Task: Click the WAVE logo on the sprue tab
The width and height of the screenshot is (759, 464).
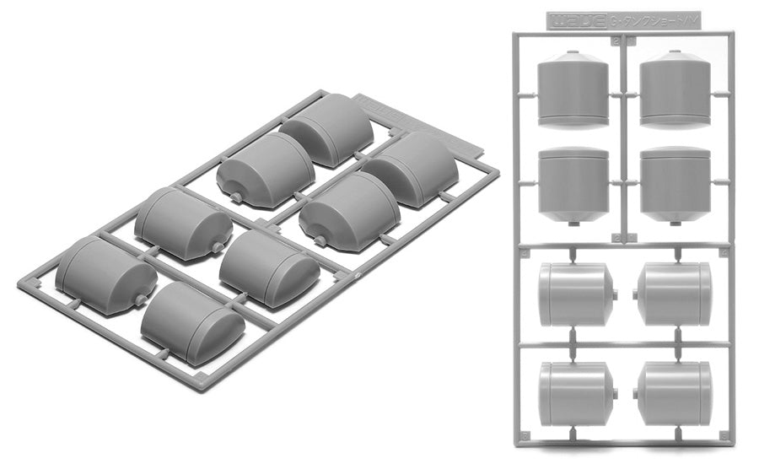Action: pyautogui.click(x=573, y=19)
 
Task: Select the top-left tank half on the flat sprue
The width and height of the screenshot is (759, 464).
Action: pyautogui.click(x=573, y=89)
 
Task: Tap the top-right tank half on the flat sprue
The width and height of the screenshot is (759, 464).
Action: pyautogui.click(x=676, y=89)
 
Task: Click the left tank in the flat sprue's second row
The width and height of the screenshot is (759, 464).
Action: pyautogui.click(x=573, y=184)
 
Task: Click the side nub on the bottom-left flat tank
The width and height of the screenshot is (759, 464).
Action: pyautogui.click(x=616, y=394)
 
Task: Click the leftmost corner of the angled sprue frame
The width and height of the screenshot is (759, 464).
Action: pyautogui.click(x=21, y=282)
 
